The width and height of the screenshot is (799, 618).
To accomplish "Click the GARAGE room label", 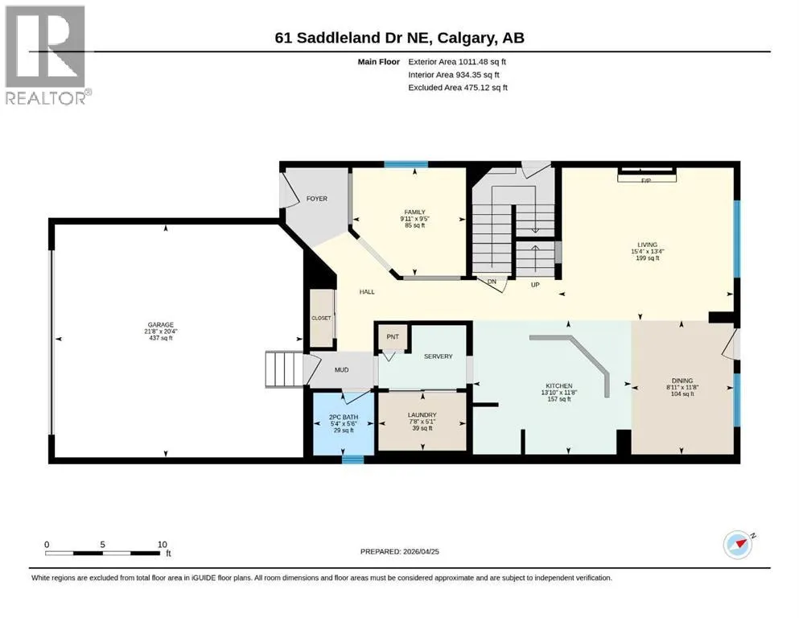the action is tap(160, 324).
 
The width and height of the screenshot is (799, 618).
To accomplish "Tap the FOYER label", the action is tap(316, 199).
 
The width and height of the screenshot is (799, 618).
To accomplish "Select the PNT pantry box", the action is tap(393, 337).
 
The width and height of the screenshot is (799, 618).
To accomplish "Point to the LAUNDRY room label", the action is tap(422, 414).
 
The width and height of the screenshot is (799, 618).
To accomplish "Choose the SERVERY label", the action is tap(439, 356).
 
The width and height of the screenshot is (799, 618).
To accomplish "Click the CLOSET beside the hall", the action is tap(322, 318).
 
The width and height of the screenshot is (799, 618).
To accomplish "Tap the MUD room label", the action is tap(341, 370).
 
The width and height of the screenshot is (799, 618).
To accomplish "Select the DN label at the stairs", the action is tap(492, 282).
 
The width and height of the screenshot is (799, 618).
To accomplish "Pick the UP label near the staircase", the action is tap(535, 285).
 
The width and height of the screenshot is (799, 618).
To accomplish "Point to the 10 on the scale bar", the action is tap(162, 545).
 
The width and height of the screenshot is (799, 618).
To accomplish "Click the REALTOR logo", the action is tap(47, 55).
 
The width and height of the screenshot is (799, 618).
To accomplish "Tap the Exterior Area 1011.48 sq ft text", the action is tap(457, 62).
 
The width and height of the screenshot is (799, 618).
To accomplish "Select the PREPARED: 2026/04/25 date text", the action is tap(399, 551).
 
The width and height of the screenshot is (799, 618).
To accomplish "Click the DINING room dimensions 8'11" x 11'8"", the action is tap(682, 387).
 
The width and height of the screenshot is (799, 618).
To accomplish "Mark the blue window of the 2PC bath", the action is tap(352, 459).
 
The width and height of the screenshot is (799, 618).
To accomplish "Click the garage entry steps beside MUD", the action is tap(284, 369).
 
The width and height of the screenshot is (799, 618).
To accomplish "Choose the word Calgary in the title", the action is tap(466, 38).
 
